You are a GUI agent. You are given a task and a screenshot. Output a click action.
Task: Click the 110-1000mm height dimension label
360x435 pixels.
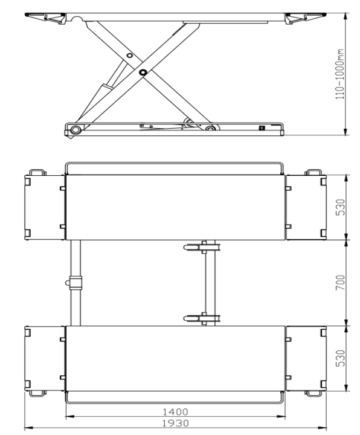[x=340, y=74]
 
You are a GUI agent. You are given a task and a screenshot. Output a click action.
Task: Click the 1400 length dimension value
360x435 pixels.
[x=175, y=411]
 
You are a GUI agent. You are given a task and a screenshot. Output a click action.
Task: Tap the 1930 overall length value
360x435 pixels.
[x=175, y=424]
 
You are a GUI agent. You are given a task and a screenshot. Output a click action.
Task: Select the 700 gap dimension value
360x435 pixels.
[x=341, y=283]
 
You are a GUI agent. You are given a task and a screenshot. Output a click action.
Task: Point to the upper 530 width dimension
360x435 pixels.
[x=341, y=207]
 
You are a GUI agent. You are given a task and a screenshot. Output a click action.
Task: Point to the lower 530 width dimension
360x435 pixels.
[x=341, y=358]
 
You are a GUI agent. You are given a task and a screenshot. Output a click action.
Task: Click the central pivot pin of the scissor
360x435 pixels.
[x=143, y=72]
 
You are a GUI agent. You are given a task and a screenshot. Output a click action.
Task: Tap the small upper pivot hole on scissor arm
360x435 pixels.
[x=129, y=56]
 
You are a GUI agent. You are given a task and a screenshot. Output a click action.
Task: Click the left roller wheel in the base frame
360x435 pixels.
[x=76, y=129]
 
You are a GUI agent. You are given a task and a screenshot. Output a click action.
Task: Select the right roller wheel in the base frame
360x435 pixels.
[x=210, y=129]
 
